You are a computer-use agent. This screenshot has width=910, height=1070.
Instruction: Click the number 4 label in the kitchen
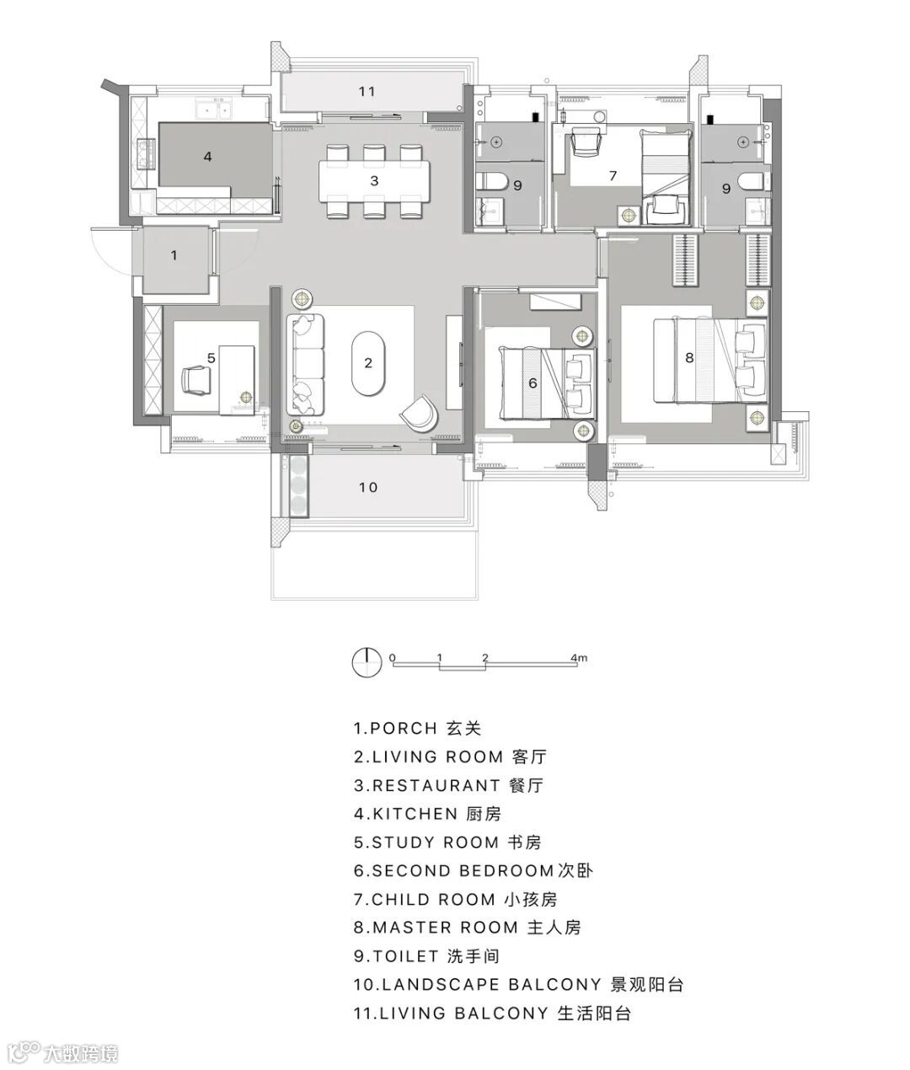(x=207, y=157)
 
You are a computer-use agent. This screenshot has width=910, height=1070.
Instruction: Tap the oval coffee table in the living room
(x=368, y=363)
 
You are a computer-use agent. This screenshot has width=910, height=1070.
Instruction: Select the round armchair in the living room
(x=420, y=413)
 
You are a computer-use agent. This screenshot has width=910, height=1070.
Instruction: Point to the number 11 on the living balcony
(x=367, y=92)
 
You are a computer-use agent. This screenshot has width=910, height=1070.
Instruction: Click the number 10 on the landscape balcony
(x=368, y=487)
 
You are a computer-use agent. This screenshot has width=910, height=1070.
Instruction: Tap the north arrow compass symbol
(x=367, y=662)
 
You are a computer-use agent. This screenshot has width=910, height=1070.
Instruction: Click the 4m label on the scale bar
(x=579, y=658)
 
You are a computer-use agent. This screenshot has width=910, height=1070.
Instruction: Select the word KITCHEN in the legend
(x=415, y=814)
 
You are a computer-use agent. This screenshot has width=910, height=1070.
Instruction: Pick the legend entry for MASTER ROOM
(x=468, y=928)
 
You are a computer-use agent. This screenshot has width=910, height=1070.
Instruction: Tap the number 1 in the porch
(x=174, y=255)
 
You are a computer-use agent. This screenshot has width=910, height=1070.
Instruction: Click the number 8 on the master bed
(x=689, y=358)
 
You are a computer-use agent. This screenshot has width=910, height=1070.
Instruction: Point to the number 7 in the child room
(x=613, y=176)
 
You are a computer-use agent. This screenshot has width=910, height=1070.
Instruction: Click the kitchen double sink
(x=213, y=110)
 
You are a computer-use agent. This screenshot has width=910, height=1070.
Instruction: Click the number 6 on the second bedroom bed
(x=533, y=383)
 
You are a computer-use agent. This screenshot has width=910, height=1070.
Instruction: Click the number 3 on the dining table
(x=374, y=180)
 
